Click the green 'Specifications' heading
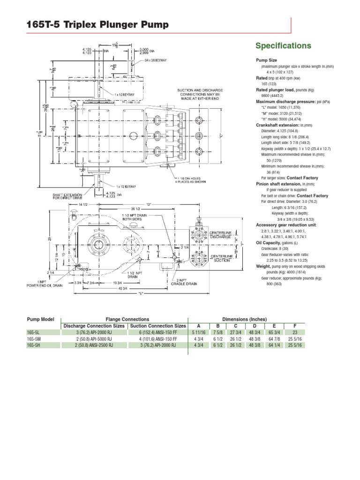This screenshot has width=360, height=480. (x=283, y=45)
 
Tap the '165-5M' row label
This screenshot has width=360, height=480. (x=34, y=338)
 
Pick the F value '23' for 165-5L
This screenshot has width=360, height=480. (x=294, y=332)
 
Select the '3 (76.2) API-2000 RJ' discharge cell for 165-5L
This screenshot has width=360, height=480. (x=93, y=332)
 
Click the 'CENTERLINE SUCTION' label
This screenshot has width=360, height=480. (x=221, y=258)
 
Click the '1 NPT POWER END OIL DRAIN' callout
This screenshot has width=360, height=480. (x=45, y=283)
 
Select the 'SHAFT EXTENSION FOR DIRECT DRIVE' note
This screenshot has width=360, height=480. (x=67, y=195)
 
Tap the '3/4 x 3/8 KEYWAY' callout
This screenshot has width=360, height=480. (x=156, y=60)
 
